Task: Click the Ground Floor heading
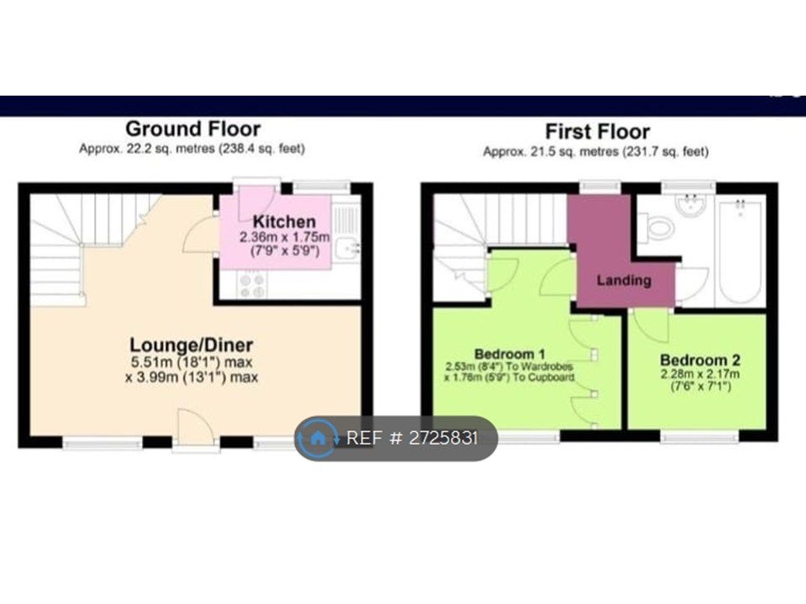point(193,128)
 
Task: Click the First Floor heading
point(597,132)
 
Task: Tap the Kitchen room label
point(285,221)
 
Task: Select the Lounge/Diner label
point(191,345)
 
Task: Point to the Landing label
point(624,280)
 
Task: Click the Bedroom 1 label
point(510,354)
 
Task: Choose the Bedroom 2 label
point(699,360)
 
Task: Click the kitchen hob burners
point(252,285)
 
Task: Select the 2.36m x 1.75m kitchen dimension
point(285,237)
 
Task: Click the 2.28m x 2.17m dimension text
point(700,374)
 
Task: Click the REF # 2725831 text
point(412,438)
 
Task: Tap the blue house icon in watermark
point(317,438)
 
